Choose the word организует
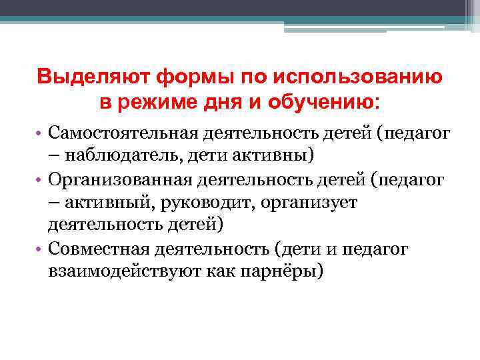309,202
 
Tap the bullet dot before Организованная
39,179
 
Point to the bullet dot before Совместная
39,249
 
